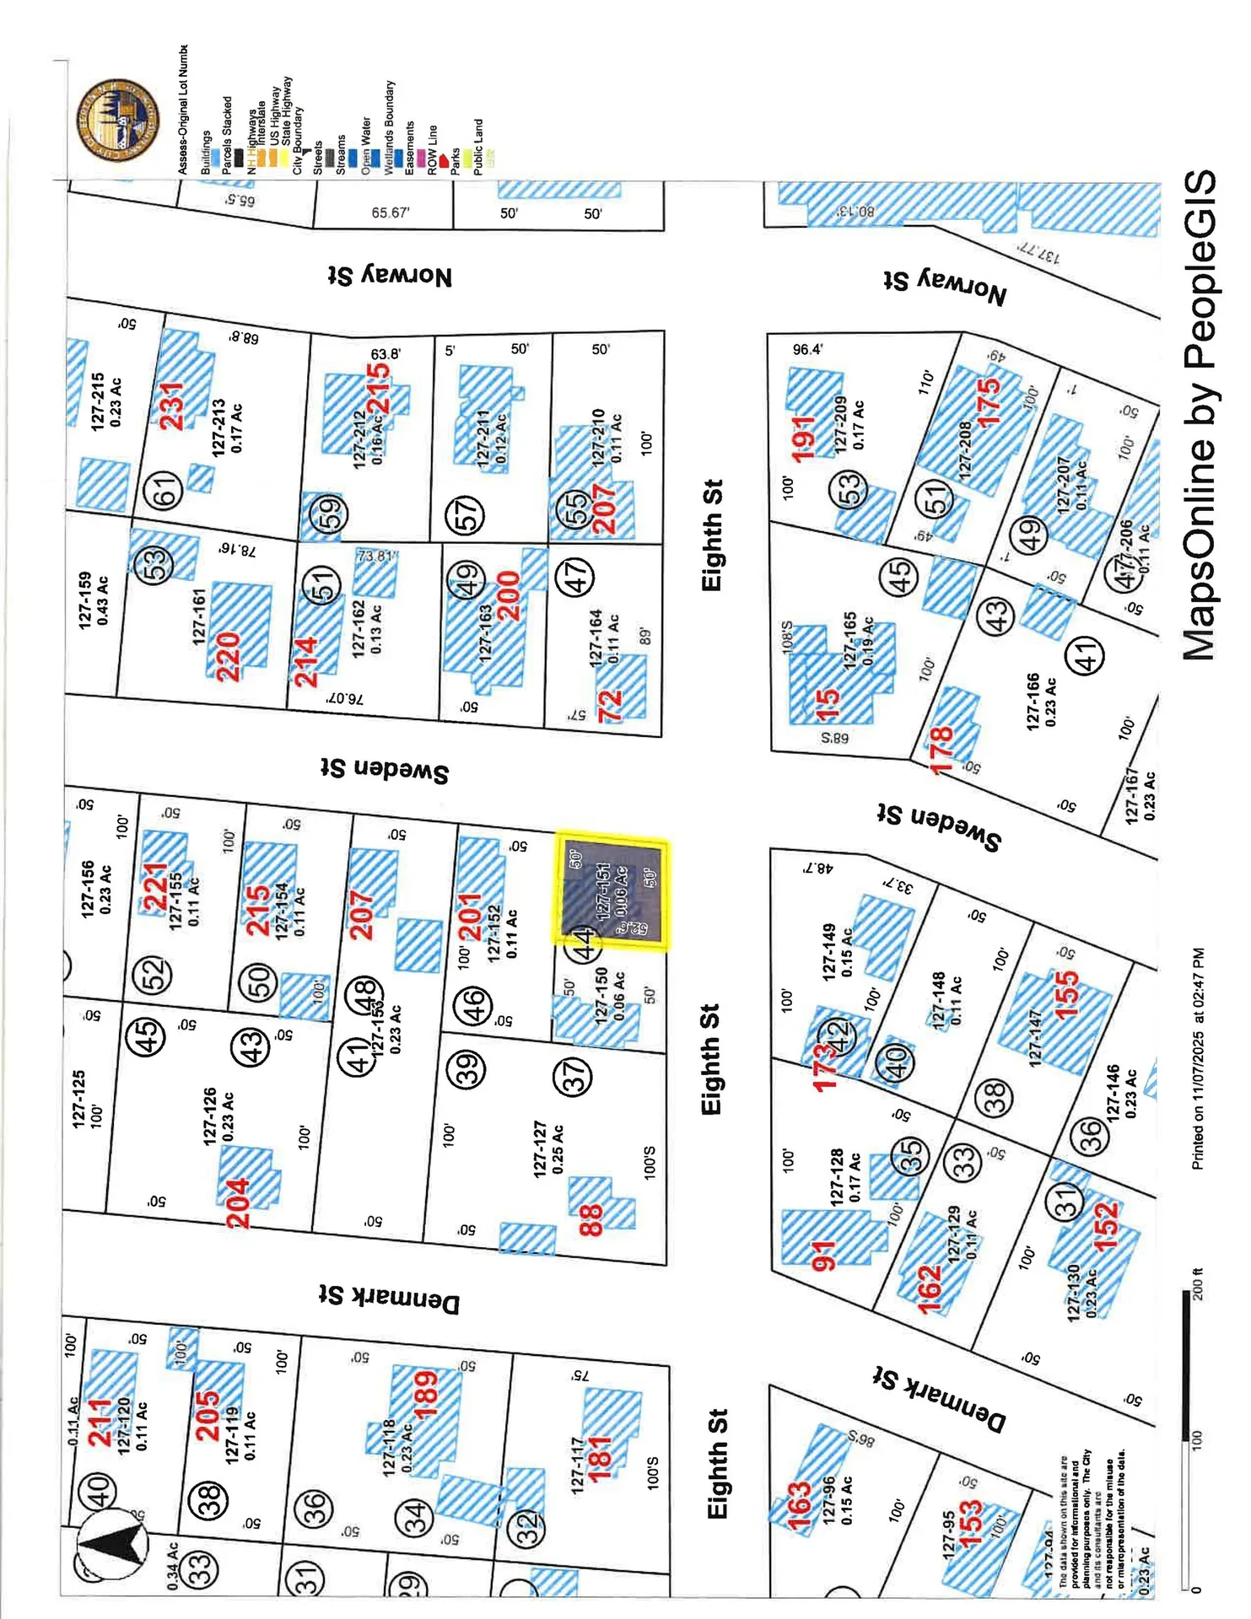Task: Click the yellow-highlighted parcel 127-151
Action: click(x=611, y=894)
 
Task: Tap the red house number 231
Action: click(x=172, y=406)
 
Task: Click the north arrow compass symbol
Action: click(x=112, y=1545)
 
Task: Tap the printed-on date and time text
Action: click(x=1197, y=1058)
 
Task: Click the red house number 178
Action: click(x=941, y=749)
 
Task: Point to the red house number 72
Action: click(x=610, y=705)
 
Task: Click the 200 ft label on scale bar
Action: click(x=1195, y=1284)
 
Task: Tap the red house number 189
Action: click(x=425, y=1394)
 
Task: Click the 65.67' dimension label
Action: click(x=390, y=212)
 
